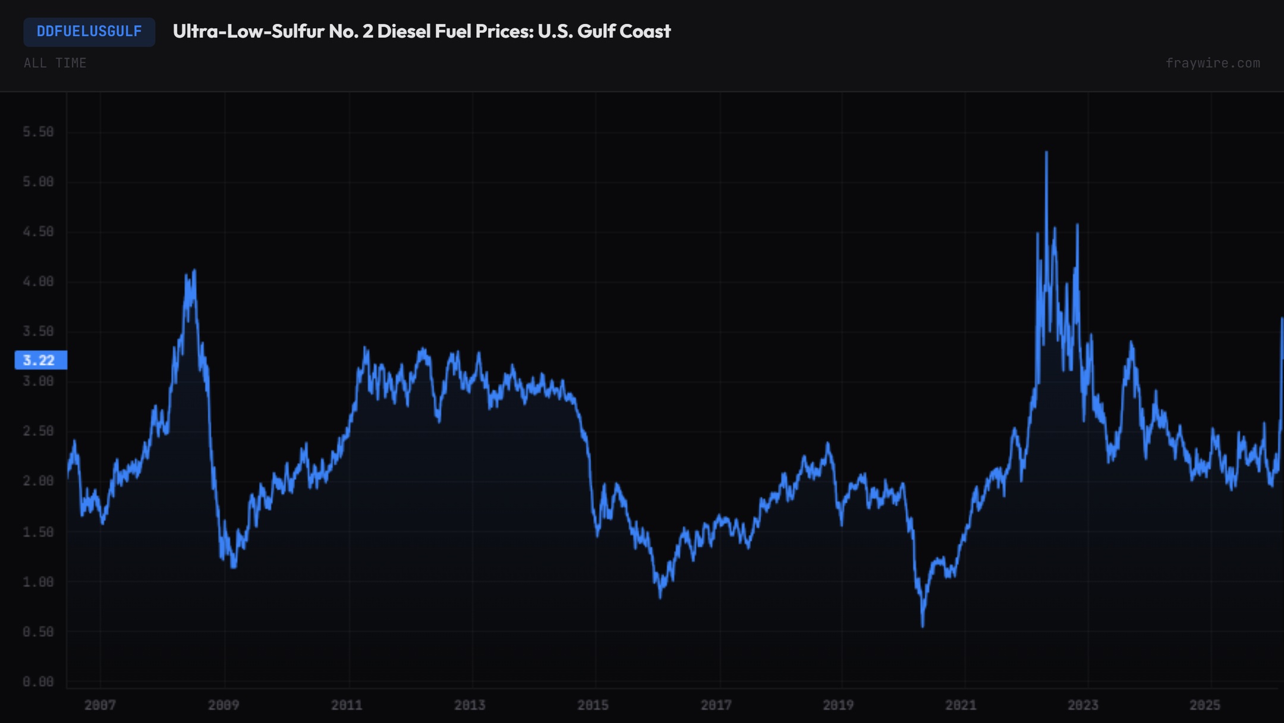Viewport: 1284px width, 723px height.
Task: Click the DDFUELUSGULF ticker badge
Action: click(89, 32)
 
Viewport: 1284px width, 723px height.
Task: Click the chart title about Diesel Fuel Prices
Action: click(421, 32)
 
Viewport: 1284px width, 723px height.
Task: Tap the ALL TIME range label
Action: click(55, 63)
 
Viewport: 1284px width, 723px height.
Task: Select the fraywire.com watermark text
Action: click(1212, 63)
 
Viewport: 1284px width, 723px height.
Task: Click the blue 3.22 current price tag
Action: click(40, 360)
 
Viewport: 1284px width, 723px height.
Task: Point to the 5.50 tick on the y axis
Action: click(38, 131)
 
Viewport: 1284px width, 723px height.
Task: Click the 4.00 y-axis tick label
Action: click(38, 281)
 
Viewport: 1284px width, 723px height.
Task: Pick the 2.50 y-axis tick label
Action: click(38, 431)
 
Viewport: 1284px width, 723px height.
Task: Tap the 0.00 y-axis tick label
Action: click(38, 681)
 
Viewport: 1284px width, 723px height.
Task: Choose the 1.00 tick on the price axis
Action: click(38, 581)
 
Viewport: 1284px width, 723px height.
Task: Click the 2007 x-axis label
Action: click(100, 705)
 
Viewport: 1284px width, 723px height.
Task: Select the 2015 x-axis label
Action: click(593, 705)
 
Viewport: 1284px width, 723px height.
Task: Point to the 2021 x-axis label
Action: click(961, 705)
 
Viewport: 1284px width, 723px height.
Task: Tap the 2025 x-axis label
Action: click(1205, 705)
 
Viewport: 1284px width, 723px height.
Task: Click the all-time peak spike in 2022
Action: click(1046, 153)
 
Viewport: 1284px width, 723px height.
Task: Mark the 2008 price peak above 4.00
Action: click(194, 271)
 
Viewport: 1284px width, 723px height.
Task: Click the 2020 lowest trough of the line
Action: click(923, 625)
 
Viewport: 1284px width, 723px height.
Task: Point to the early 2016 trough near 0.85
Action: click(660, 596)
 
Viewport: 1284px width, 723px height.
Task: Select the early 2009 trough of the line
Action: click(234, 567)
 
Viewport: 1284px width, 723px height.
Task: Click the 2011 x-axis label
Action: click(347, 705)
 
